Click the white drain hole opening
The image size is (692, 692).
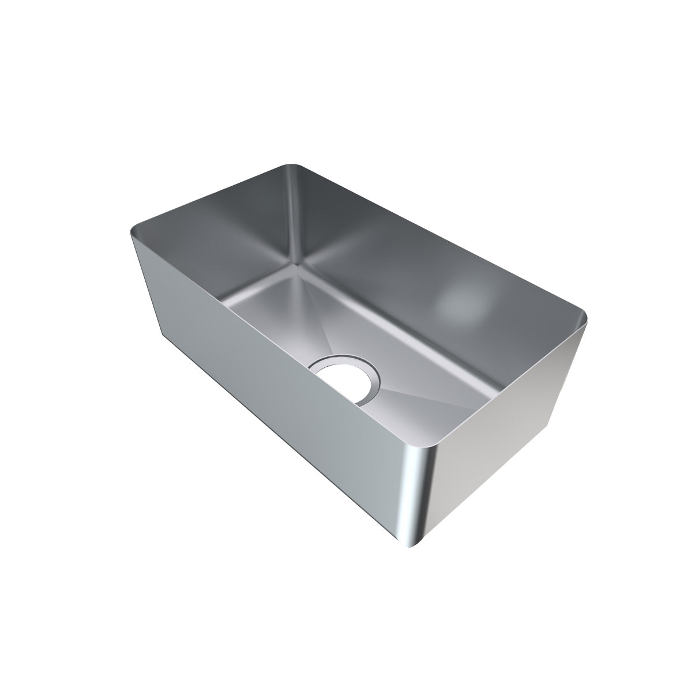[x=341, y=379]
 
